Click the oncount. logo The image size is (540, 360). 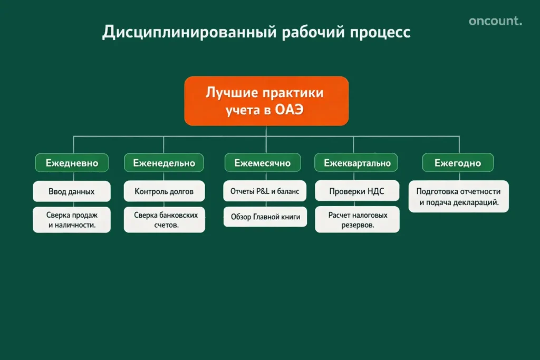pyautogui.click(x=495, y=22)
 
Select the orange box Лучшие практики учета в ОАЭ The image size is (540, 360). pyautogui.click(x=266, y=101)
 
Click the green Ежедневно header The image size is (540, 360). pyautogui.click(x=72, y=163)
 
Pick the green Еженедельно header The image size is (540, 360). pyautogui.click(x=164, y=163)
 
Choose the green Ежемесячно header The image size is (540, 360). pyautogui.click(x=262, y=163)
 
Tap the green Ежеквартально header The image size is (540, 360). pyautogui.click(x=357, y=163)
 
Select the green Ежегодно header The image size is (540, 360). pyautogui.click(x=458, y=163)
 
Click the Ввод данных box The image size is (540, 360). pyautogui.click(x=72, y=191)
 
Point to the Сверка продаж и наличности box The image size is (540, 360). pyautogui.click(x=72, y=220)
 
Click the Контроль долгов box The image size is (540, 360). pyautogui.click(x=164, y=191)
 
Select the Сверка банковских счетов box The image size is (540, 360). pyautogui.click(x=164, y=220)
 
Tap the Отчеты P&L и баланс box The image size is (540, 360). pyautogui.click(x=265, y=191)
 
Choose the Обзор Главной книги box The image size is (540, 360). pyautogui.click(x=265, y=217)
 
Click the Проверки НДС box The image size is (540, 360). pyautogui.click(x=357, y=191)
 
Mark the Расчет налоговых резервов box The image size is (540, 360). pyautogui.click(x=357, y=220)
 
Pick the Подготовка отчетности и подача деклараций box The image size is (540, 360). pyautogui.click(x=458, y=197)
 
